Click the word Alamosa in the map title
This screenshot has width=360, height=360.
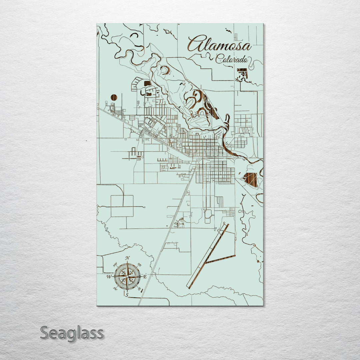(x=219, y=44)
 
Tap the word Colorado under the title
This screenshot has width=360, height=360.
(x=232, y=60)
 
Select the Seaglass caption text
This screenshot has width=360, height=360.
(x=72, y=333)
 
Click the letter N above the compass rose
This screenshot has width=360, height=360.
(x=127, y=258)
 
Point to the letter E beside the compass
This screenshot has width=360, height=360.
(x=145, y=276)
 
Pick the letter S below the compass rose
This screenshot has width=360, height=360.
(x=127, y=294)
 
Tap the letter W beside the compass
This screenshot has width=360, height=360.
(x=109, y=277)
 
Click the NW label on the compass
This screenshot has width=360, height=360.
(x=115, y=265)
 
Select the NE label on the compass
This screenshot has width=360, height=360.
(x=140, y=265)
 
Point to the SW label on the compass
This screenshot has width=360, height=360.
(x=115, y=288)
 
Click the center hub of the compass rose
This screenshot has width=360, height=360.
(x=127, y=276)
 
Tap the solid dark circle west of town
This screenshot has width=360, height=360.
(x=114, y=97)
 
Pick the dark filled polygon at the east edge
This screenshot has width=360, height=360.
(x=251, y=179)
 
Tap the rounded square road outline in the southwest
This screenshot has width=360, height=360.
(x=122, y=206)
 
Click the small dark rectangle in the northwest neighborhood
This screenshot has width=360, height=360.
(x=147, y=83)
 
